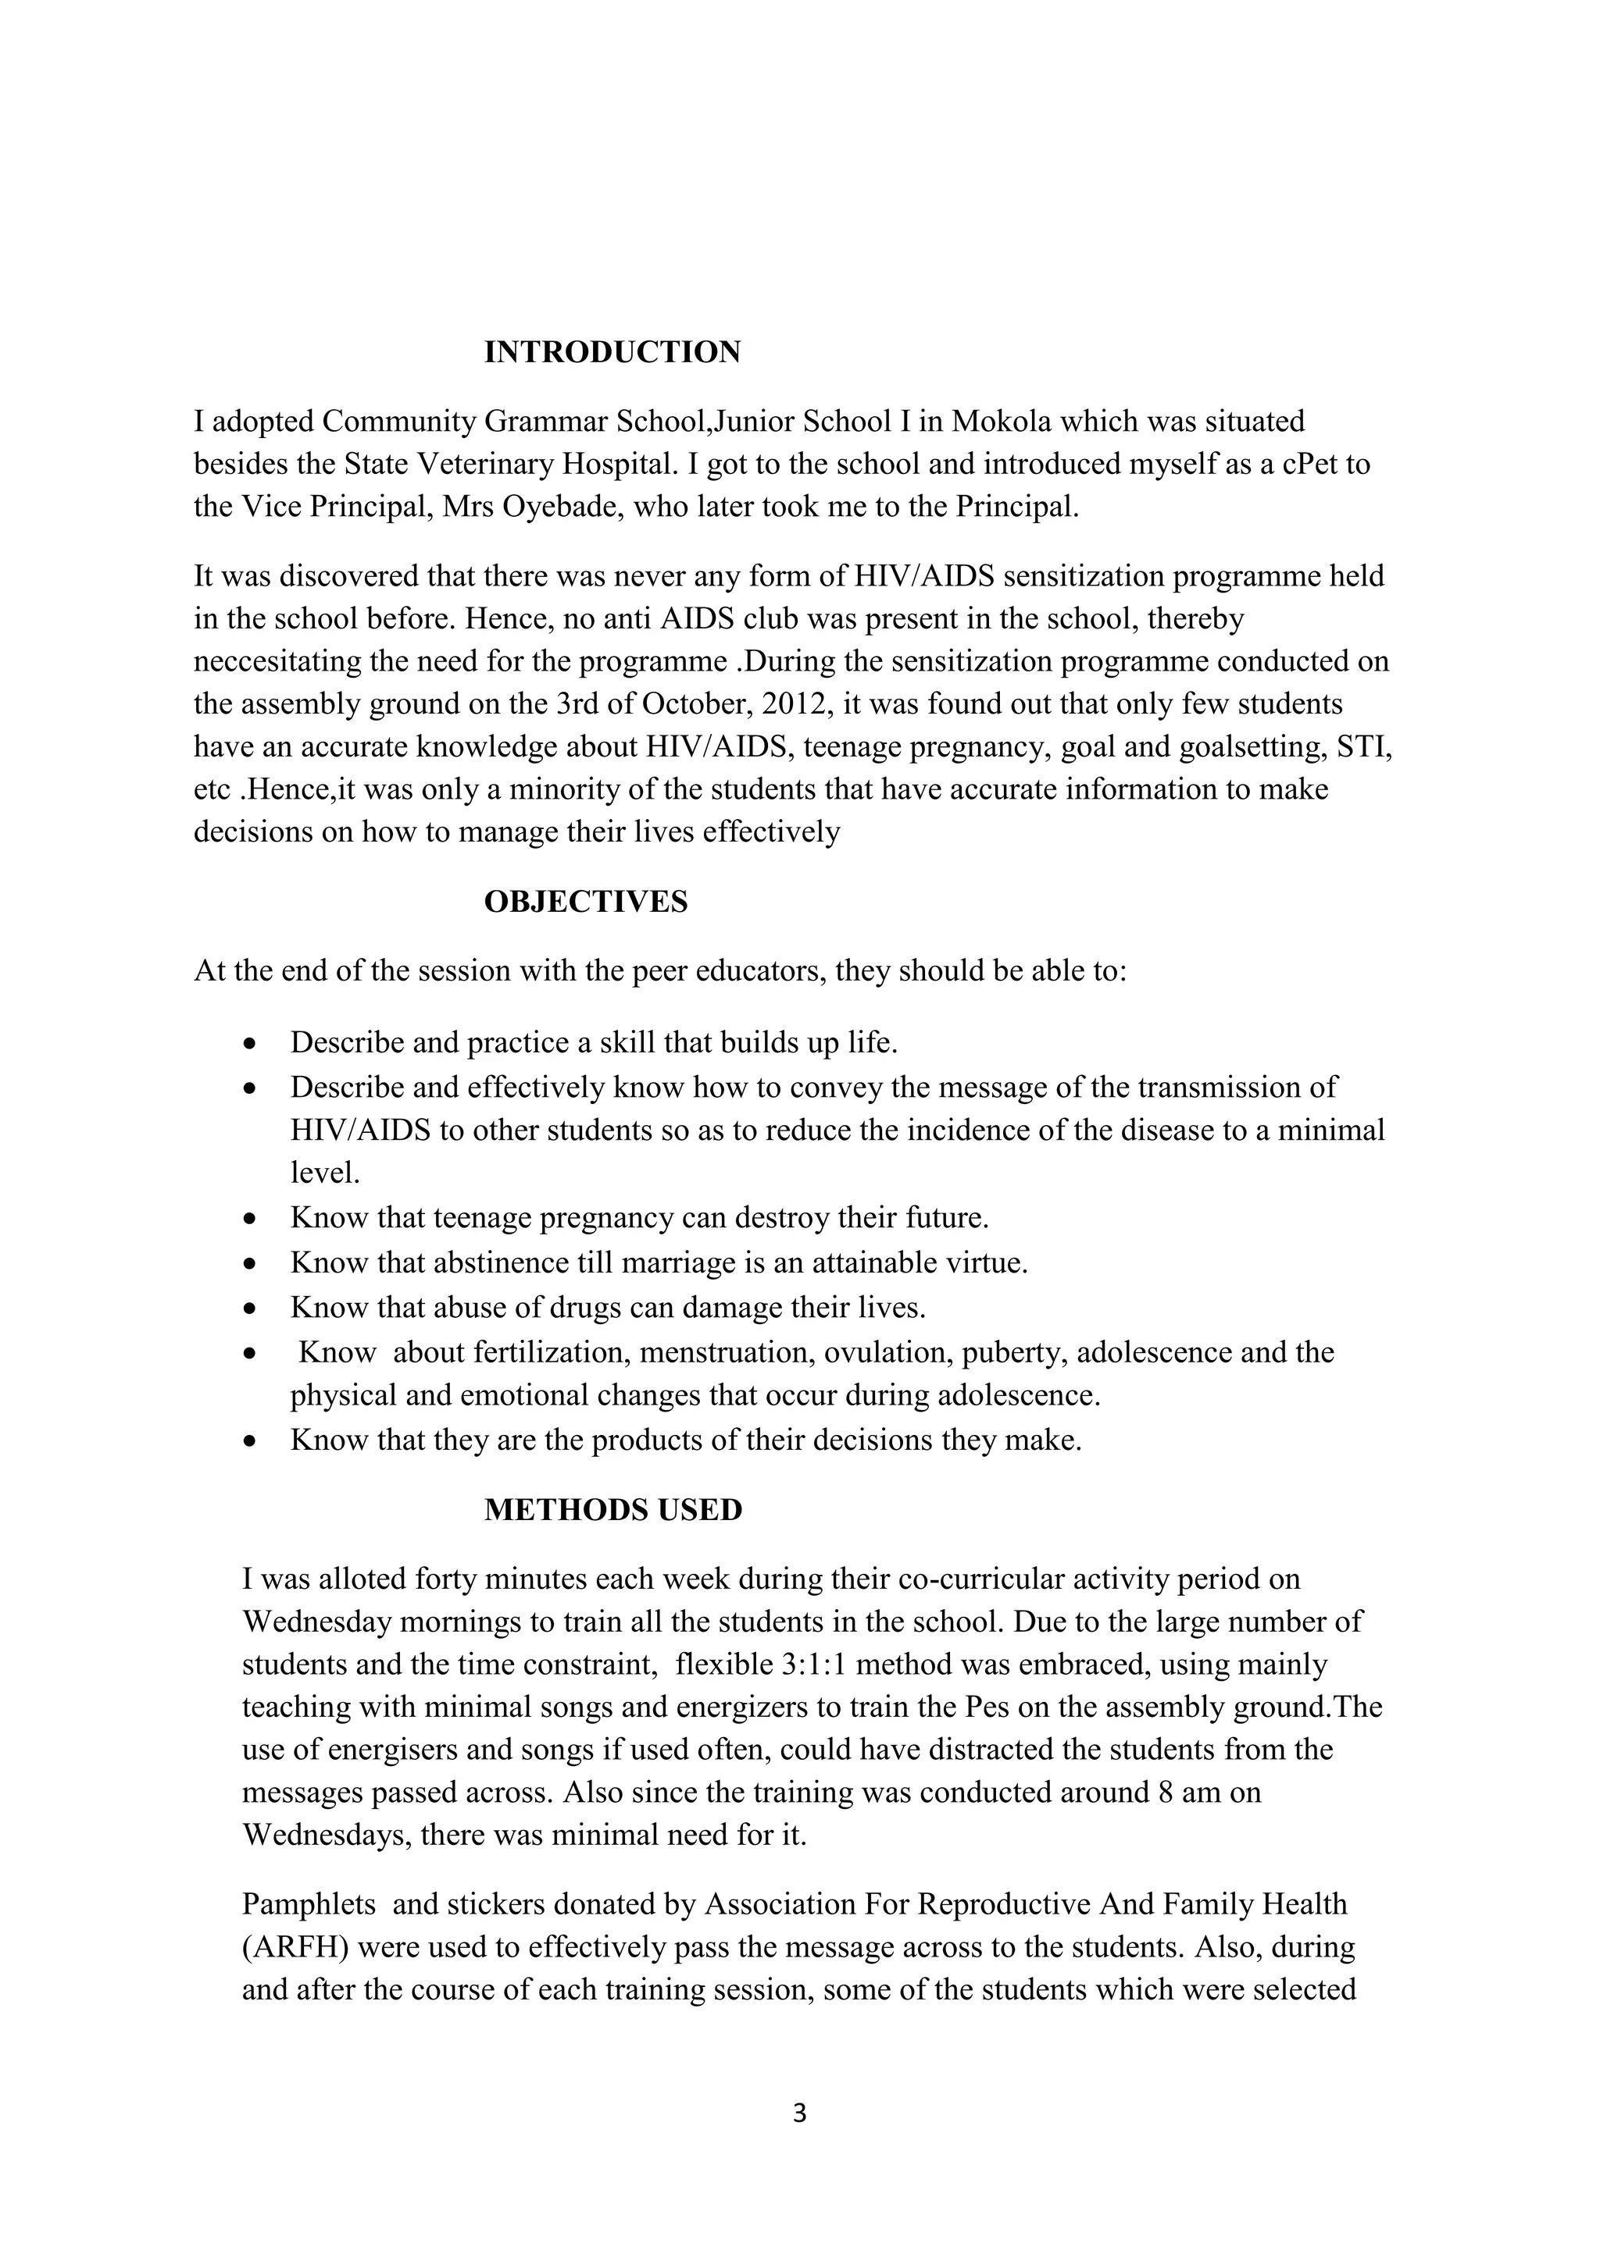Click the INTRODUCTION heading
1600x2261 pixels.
pos(612,353)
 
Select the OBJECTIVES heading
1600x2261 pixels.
pos(585,901)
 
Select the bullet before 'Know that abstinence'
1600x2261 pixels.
pos(252,1263)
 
